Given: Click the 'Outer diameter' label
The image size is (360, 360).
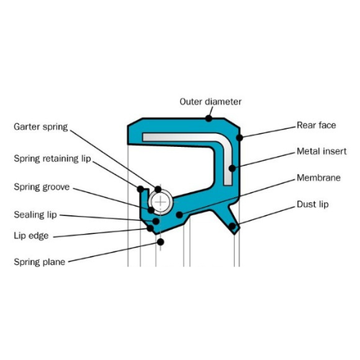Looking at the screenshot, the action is (x=210, y=102).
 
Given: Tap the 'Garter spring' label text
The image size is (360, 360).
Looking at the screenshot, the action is (x=41, y=127).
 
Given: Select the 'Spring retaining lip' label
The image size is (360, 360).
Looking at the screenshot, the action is (x=53, y=158).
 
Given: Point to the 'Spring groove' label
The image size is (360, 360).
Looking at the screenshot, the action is (x=42, y=187).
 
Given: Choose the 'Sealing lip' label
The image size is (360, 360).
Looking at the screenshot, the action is (x=35, y=215).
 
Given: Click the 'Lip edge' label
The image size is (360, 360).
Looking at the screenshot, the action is (x=31, y=235).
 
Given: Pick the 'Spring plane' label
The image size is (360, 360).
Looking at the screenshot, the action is (x=40, y=262).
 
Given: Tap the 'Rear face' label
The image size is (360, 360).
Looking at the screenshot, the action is (x=316, y=125).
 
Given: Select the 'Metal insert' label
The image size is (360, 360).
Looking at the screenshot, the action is (x=322, y=151).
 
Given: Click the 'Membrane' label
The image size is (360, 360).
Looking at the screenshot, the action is (x=319, y=178).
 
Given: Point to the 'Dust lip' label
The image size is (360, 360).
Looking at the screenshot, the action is (x=312, y=204).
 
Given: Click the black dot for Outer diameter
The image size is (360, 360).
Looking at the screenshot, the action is (x=209, y=118).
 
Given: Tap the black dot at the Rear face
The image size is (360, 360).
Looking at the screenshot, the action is (x=240, y=138).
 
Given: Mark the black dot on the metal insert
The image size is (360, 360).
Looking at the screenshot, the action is (x=232, y=168).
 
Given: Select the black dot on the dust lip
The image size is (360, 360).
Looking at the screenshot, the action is (x=232, y=226).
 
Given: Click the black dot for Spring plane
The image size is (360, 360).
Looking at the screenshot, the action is (x=161, y=242).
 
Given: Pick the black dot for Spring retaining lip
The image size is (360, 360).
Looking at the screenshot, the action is (x=140, y=189).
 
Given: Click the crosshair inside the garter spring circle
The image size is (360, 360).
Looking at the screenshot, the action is (x=161, y=202).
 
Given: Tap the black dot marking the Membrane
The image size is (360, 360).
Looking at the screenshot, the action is (x=179, y=215).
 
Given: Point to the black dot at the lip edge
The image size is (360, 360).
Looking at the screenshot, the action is (x=150, y=228).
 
